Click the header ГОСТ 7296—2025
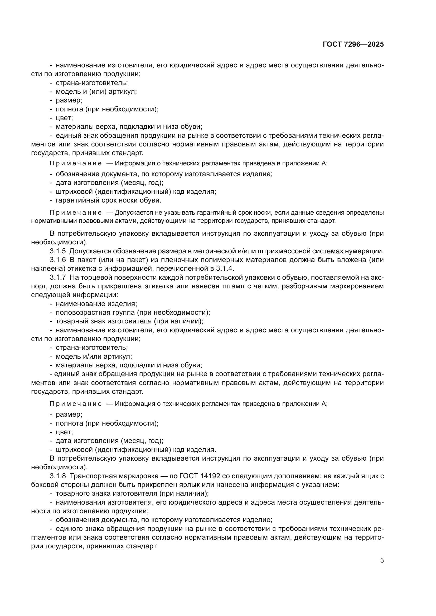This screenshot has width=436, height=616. [x=353, y=45]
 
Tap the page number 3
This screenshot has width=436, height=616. [x=382, y=560]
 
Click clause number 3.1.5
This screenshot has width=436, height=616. [x=58, y=251]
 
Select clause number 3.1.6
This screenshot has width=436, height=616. [x=58, y=260]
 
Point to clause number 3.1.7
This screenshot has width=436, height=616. [x=58, y=277]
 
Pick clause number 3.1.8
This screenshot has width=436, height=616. [x=58, y=476]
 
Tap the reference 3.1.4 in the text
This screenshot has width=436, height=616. [x=225, y=269]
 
